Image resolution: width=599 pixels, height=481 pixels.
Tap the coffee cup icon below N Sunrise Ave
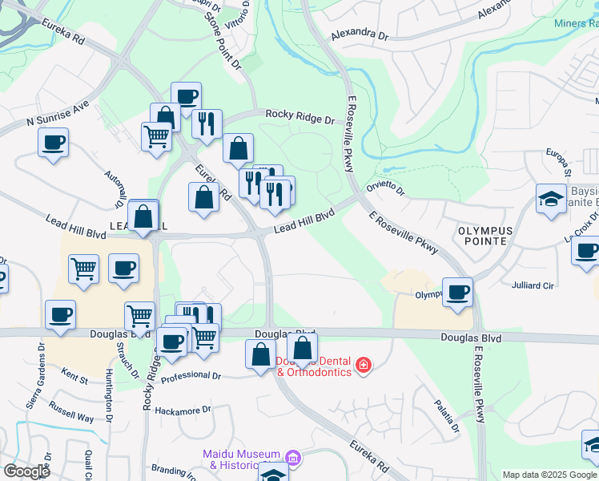(x=54, y=143)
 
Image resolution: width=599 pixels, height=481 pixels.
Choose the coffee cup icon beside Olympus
(x=457, y=292)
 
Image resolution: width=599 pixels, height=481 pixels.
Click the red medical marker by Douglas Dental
(x=363, y=366)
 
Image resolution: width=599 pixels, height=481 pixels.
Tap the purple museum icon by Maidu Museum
(x=293, y=458)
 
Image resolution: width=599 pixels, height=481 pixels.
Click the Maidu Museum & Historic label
(x=243, y=459)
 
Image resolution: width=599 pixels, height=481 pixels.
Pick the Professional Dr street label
(x=191, y=375)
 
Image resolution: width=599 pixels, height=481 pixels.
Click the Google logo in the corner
(x=26, y=471)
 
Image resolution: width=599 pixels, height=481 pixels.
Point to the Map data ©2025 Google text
(x=549, y=475)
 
